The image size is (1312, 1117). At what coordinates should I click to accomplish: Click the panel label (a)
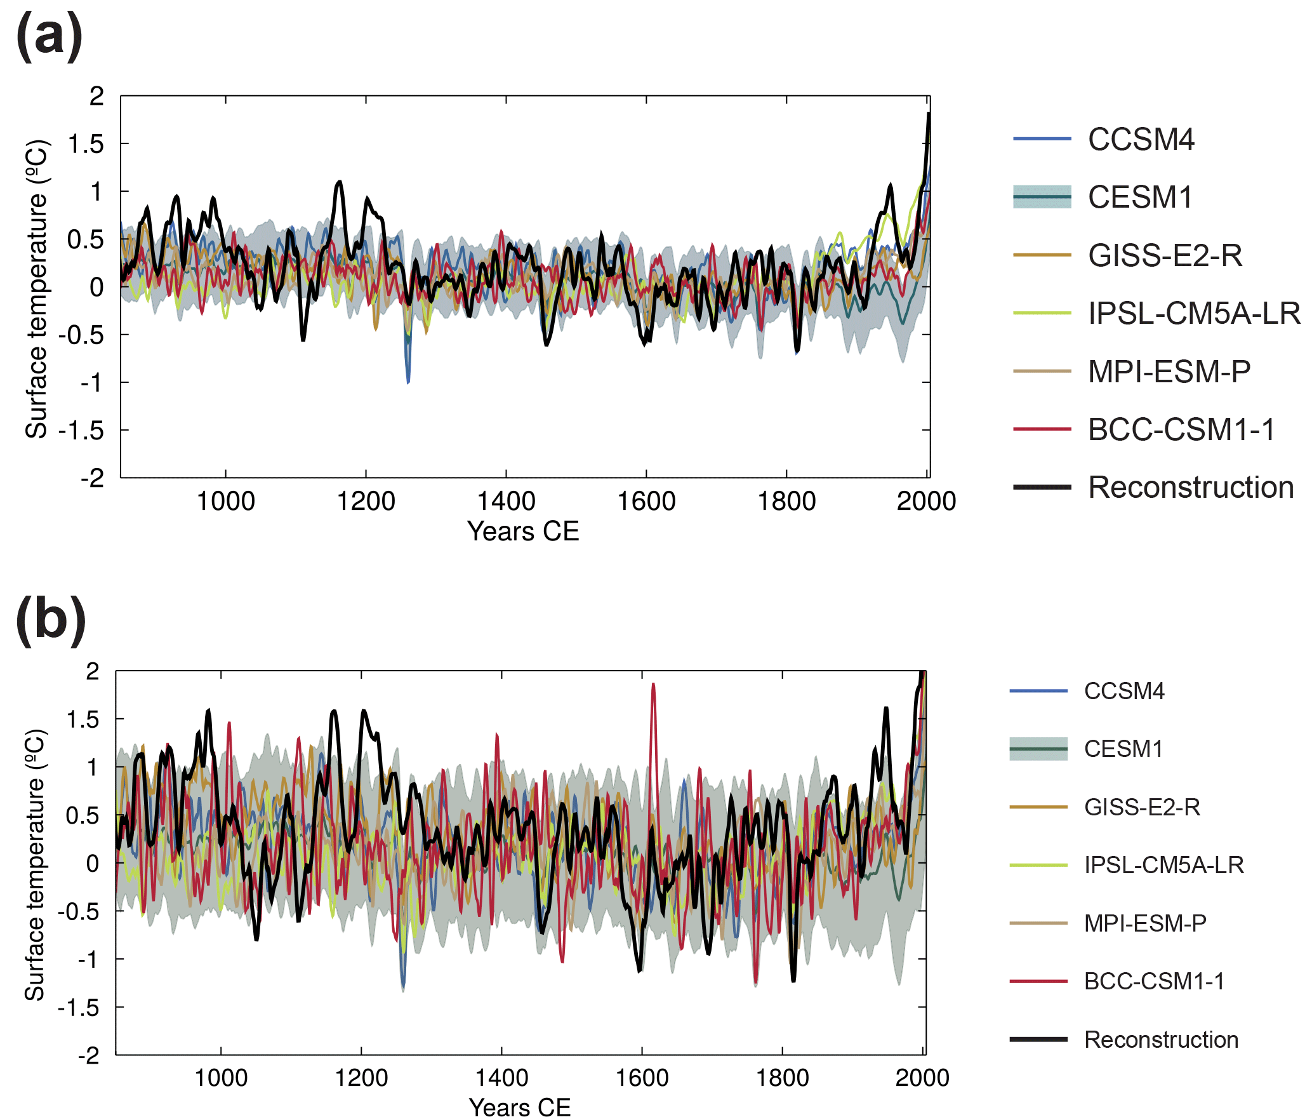49,36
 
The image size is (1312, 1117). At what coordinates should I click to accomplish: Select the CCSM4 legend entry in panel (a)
1141,139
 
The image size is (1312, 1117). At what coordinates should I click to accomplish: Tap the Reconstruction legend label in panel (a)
1191,488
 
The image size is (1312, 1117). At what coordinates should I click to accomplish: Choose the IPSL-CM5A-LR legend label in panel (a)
1194,313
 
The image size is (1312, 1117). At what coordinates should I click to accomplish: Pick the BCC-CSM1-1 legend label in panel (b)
1154,981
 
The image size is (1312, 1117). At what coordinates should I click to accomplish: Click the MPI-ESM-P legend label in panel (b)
1145,923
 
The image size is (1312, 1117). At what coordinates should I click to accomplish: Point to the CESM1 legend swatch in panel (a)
1042,197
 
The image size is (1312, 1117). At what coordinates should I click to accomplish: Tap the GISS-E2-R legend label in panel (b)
1142,807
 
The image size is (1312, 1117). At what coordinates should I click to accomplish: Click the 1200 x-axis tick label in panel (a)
366,502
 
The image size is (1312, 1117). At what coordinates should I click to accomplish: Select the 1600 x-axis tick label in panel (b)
642,1078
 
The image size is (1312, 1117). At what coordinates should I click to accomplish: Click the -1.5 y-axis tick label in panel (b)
79,1007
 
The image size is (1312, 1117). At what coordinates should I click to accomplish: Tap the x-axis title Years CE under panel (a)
523,532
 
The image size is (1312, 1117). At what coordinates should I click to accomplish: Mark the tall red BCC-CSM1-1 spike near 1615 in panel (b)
653,686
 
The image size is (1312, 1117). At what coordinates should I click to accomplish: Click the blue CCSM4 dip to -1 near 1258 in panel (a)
408,381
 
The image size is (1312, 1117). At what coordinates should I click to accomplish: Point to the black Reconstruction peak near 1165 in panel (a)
340,183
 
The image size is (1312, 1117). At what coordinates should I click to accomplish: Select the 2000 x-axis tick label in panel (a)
926,502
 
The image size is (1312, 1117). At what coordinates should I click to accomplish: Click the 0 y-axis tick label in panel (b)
93,863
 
